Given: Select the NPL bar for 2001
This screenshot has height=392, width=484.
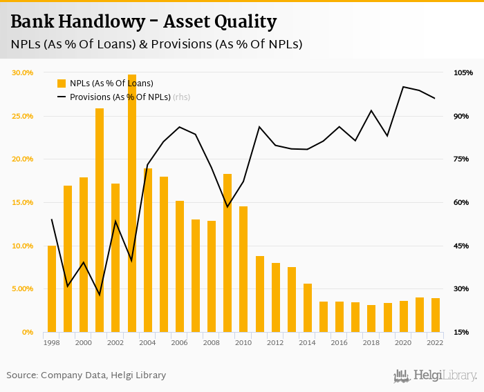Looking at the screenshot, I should [x=100, y=220].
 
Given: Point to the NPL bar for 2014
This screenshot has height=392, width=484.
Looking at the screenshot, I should [x=308, y=308].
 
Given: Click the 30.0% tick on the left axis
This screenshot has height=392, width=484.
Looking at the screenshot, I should [x=23, y=72].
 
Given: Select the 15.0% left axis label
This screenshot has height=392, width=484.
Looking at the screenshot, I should [x=23, y=202].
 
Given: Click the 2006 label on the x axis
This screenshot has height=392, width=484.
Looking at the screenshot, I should [x=179, y=342].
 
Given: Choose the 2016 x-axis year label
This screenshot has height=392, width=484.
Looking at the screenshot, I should [x=339, y=342].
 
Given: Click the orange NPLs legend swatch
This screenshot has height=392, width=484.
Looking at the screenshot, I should [x=62, y=84].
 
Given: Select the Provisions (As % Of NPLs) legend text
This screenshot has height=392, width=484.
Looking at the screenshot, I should [x=120, y=97].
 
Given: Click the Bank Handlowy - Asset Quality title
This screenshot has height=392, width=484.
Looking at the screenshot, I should [x=144, y=22].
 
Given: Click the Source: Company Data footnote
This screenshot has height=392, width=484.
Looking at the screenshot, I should [x=86, y=375].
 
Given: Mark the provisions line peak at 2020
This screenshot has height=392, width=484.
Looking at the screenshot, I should [x=403, y=86].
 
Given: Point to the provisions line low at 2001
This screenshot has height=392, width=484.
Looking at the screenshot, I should [x=100, y=295].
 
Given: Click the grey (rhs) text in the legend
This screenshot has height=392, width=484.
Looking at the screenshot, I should [x=181, y=97].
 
